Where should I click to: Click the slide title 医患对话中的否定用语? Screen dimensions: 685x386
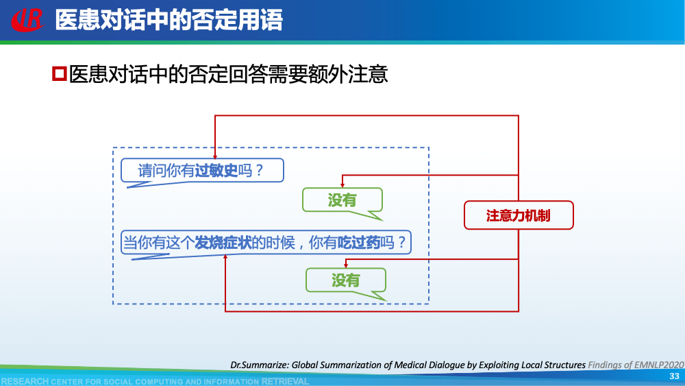pyautogui.click(x=169, y=20)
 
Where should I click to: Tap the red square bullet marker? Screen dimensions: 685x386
pyautogui.click(x=59, y=73)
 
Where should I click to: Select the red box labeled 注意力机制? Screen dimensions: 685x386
pyautogui.click(x=519, y=215)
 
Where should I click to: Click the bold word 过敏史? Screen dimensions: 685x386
pyautogui.click(x=216, y=171)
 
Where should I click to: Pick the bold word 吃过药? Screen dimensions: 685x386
pyautogui.click(x=359, y=242)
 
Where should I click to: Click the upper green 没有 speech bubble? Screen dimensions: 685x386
pyautogui.click(x=342, y=200)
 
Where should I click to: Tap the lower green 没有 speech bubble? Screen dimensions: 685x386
pyautogui.click(x=346, y=280)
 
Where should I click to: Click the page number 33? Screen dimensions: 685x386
pyautogui.click(x=674, y=376)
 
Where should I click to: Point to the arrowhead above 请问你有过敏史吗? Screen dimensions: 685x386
pyautogui.click(x=216, y=156)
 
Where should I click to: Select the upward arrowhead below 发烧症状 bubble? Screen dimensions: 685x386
pyautogui.click(x=226, y=258)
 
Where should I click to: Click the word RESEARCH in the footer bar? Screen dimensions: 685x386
pyautogui.click(x=25, y=381)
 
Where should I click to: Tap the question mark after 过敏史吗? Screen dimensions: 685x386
pyautogui.click(x=259, y=171)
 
